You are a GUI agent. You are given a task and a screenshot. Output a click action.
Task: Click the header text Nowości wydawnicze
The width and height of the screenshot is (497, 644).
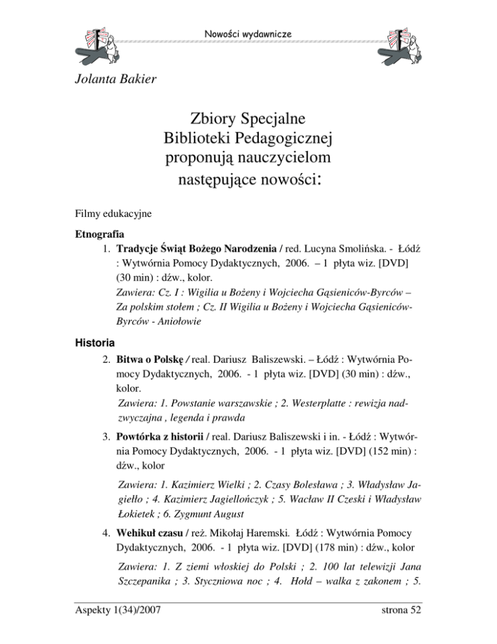pos(249,32)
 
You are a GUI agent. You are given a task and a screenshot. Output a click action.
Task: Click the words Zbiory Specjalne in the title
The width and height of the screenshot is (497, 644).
pos(248,120)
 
